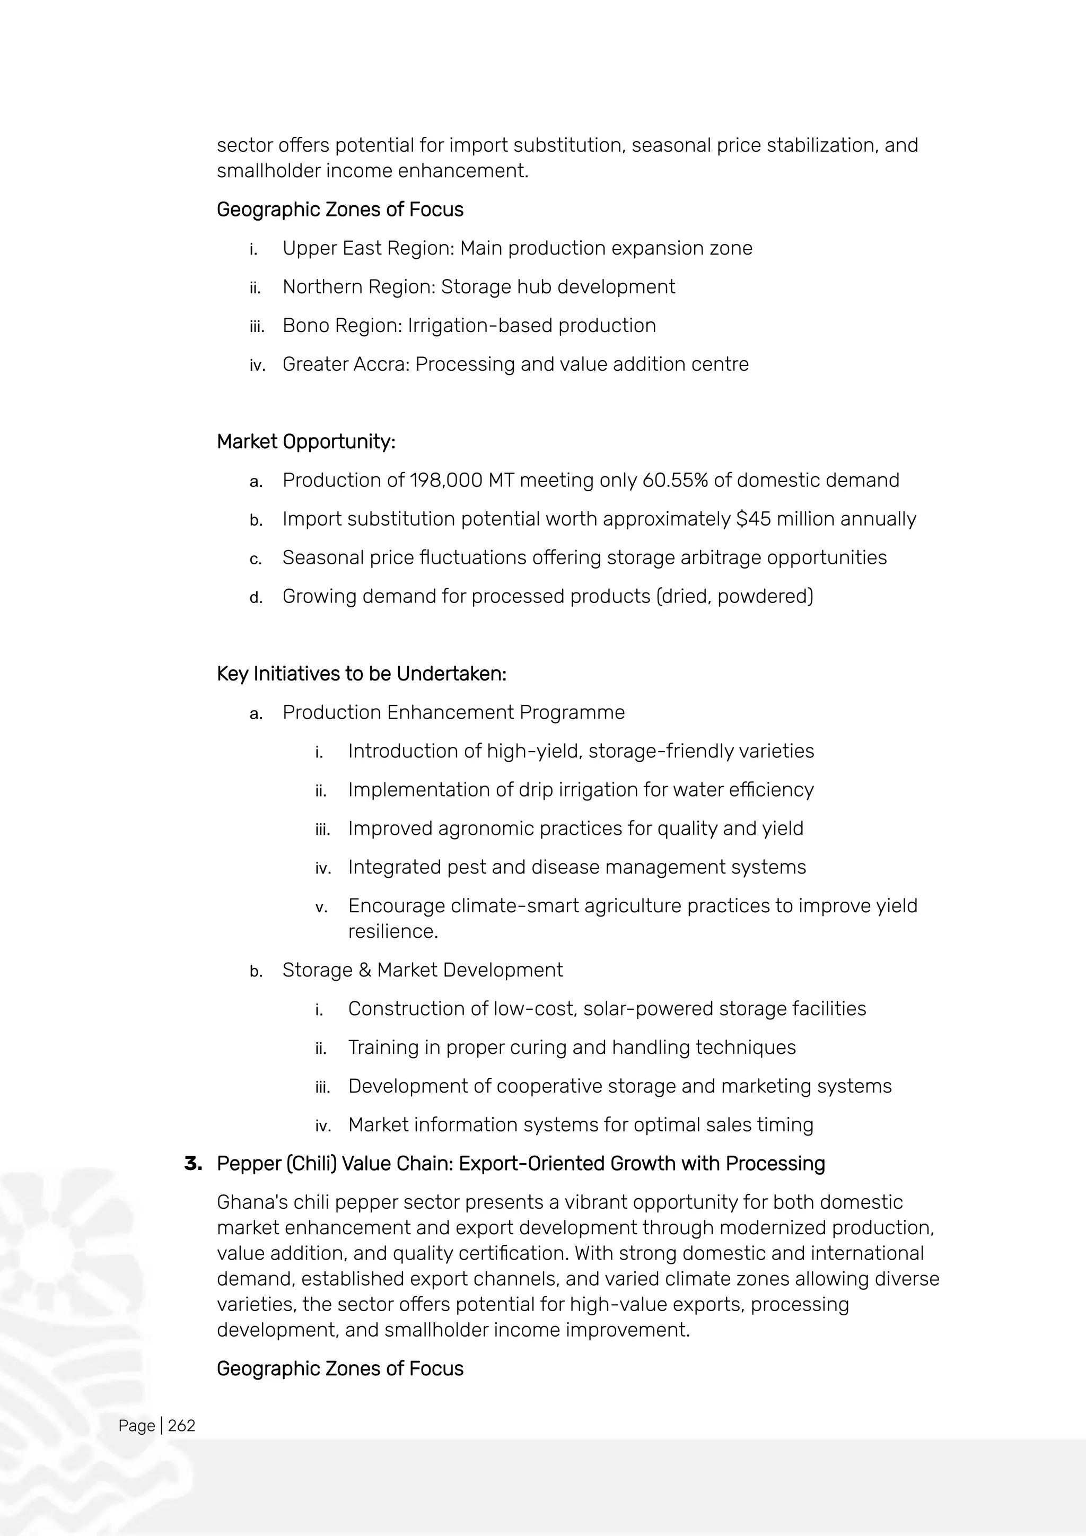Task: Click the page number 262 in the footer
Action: point(181,1426)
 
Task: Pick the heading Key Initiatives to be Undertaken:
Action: point(361,674)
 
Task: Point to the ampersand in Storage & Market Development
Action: point(364,970)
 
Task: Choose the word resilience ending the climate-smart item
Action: point(391,931)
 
